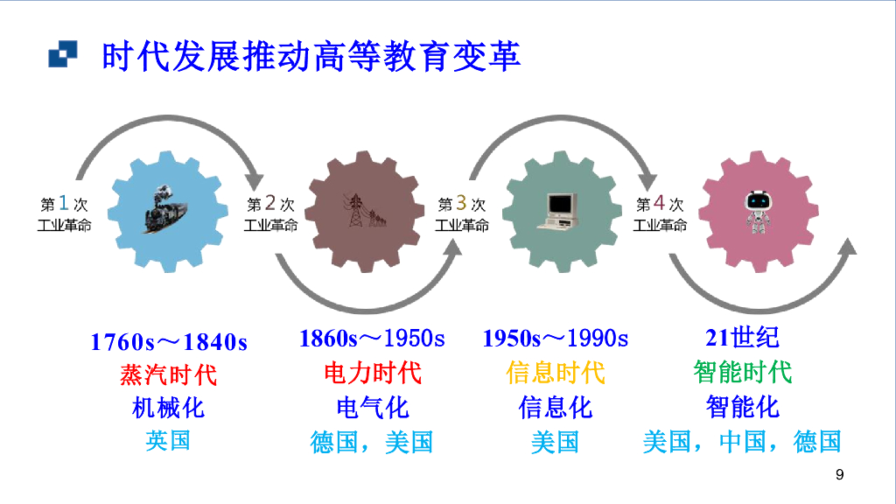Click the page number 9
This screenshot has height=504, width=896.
[x=840, y=475]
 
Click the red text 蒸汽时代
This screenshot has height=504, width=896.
[x=168, y=375]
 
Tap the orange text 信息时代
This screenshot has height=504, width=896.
[x=555, y=373]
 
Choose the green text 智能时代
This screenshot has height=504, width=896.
[x=742, y=373]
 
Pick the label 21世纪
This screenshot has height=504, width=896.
[x=742, y=338]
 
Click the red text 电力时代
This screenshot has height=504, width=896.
[x=372, y=373]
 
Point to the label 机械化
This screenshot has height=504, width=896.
[x=168, y=408]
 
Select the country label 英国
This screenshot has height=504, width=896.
[x=168, y=440]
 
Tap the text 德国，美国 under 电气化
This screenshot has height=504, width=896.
[x=372, y=442]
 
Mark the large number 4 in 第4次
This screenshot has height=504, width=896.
[x=660, y=204]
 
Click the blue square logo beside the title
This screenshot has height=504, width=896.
[x=61, y=55]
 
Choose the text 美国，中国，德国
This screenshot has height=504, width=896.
[x=742, y=442]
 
